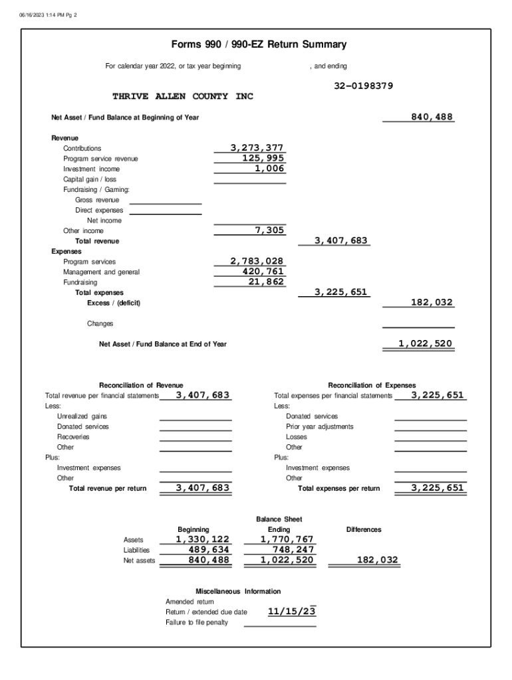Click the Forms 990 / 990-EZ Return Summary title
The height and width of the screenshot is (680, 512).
click(x=259, y=45)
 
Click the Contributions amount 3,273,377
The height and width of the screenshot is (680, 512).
click(x=257, y=148)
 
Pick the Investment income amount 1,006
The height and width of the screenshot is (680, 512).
click(x=269, y=169)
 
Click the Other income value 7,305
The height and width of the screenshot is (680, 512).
click(x=269, y=230)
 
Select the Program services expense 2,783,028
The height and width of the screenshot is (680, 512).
click(x=257, y=262)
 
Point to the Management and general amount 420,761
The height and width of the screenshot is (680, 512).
click(x=263, y=272)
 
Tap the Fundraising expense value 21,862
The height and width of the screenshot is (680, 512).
click(x=266, y=282)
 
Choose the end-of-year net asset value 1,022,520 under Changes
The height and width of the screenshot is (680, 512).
click(x=425, y=344)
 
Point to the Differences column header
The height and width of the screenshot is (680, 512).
click(x=364, y=529)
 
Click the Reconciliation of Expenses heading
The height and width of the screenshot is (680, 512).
click(x=372, y=385)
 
